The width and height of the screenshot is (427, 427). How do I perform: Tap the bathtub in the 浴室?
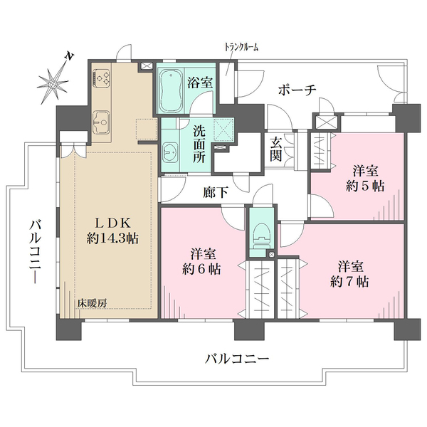171,90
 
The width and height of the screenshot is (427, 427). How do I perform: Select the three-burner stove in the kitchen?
101,78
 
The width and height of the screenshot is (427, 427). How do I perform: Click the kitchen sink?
101,122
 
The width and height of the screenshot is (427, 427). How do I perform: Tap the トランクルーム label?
241,48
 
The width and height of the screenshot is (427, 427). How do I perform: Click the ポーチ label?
297,90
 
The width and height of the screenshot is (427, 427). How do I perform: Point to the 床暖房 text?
92,303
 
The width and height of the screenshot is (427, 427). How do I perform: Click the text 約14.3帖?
112,239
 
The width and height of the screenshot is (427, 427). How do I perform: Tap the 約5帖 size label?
365,186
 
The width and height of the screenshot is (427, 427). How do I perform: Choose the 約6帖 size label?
201,269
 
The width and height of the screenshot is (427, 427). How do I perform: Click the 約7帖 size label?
349,282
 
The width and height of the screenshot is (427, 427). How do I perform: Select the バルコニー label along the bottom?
237,359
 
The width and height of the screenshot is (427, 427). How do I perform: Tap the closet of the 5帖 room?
320,151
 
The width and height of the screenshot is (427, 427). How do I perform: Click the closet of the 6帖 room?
260,289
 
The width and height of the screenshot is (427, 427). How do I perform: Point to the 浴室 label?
200,82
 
